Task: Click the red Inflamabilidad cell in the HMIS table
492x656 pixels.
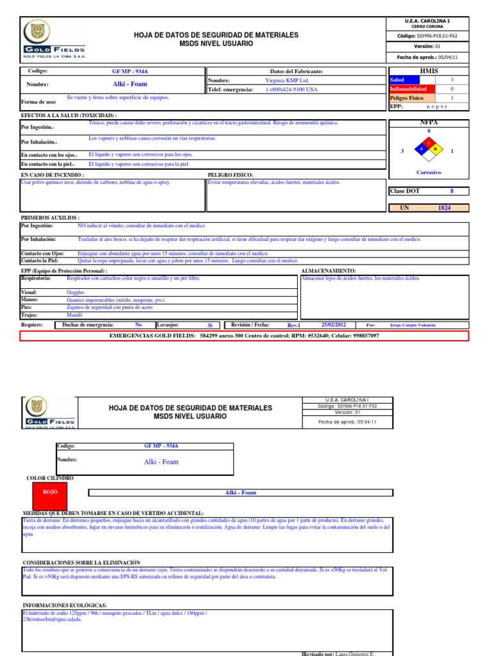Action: click(412, 89)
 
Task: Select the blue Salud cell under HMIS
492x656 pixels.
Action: click(412, 79)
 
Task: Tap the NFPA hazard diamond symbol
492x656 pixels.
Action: click(429, 149)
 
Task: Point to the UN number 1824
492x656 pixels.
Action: click(444, 208)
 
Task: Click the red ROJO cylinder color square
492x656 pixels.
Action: click(50, 492)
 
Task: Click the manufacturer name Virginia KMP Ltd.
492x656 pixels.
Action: click(286, 81)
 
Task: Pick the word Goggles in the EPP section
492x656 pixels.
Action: click(76, 292)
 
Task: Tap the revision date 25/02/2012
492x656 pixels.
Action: click(333, 325)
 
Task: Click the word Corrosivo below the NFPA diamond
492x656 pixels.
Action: click(429, 172)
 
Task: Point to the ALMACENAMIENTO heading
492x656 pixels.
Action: click(328, 271)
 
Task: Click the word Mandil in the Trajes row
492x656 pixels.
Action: click(75, 315)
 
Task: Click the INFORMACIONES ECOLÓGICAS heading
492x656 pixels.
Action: click(65, 605)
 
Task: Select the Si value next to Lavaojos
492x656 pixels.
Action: click(209, 325)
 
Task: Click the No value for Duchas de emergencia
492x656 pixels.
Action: click(138, 325)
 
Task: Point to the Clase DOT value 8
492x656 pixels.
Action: click(452, 191)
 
